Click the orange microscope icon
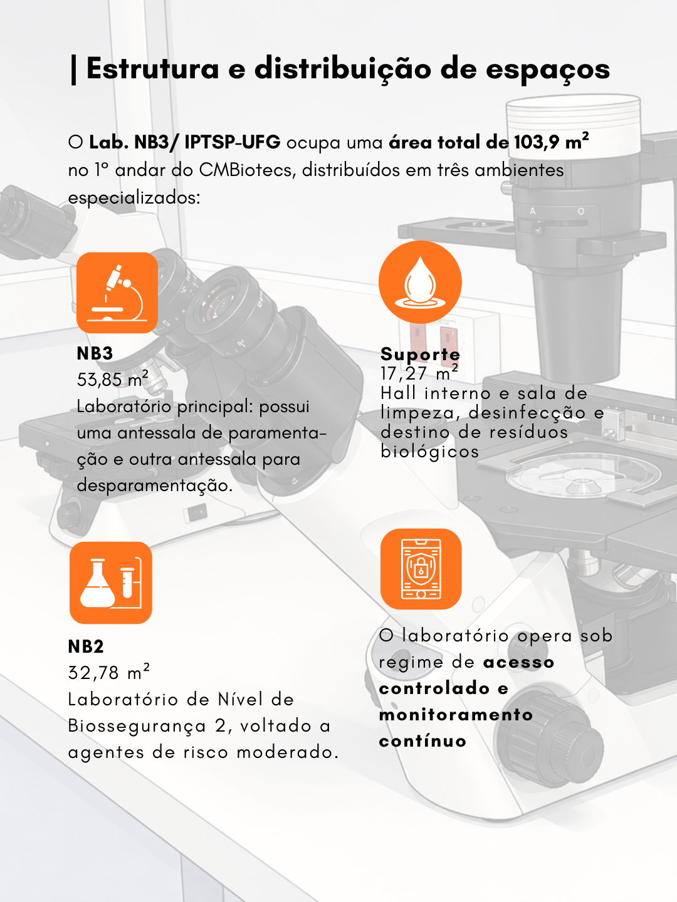(117, 293)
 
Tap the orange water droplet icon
(420, 283)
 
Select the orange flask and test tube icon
(111, 583)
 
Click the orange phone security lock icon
(421, 569)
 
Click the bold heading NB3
(95, 354)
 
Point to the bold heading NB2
(86, 647)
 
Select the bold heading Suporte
(420, 354)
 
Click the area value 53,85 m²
(113, 379)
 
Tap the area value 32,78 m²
(109, 672)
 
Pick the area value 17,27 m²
(419, 373)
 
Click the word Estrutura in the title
(153, 69)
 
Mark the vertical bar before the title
(73, 70)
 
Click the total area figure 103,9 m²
(551, 141)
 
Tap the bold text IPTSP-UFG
(232, 142)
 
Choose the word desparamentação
(155, 486)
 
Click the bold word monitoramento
(456, 715)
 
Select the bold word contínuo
(422, 742)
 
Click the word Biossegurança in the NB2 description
(137, 727)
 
